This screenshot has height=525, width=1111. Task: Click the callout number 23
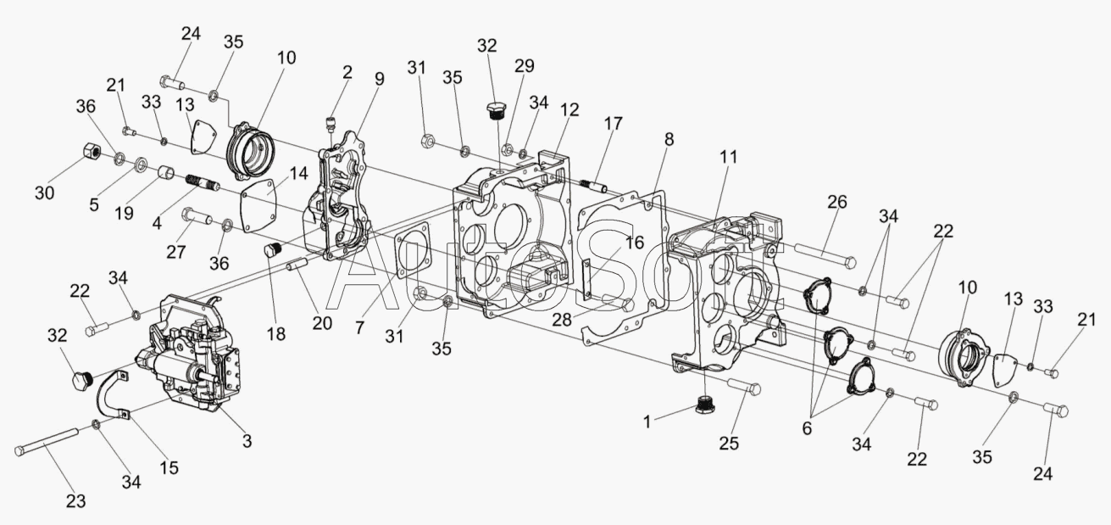click(76, 500)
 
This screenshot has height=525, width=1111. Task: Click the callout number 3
click(247, 440)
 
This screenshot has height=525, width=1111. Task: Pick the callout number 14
click(298, 173)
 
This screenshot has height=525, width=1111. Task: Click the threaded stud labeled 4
click(203, 182)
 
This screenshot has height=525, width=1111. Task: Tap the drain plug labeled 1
click(706, 406)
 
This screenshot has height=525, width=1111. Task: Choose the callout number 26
click(837, 202)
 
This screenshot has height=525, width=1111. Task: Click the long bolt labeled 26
click(825, 254)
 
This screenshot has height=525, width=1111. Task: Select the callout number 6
click(807, 428)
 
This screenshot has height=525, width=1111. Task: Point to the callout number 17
click(613, 123)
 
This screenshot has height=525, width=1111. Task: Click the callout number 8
click(669, 139)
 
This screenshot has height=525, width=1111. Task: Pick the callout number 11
click(729, 157)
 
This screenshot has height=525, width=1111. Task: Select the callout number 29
click(525, 65)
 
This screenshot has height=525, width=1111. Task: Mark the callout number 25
click(729, 443)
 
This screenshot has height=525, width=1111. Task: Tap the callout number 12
click(569, 109)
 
